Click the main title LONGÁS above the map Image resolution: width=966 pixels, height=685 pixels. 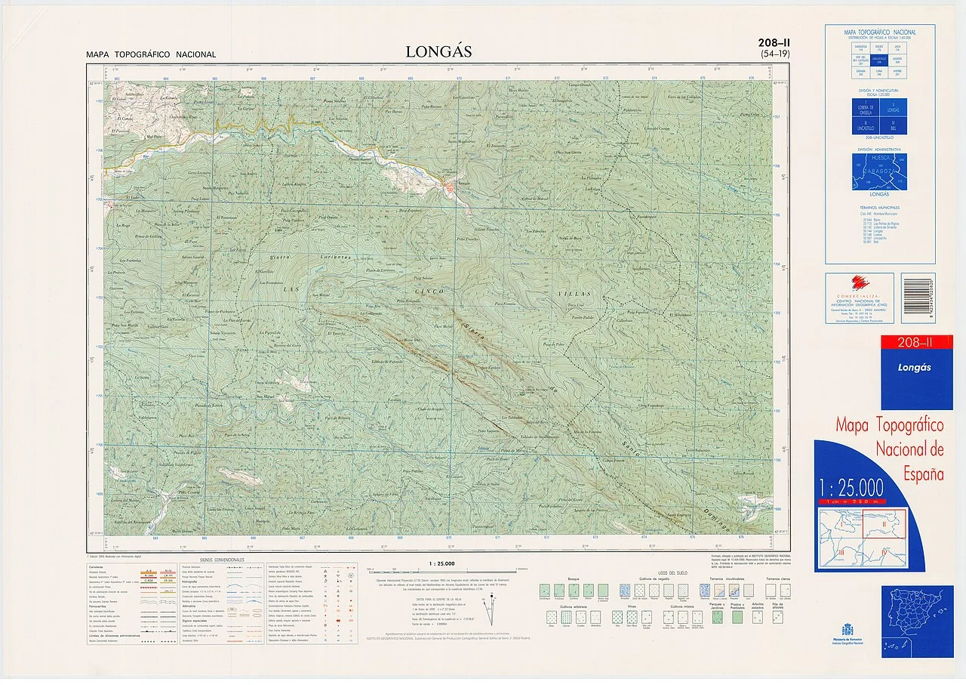tap(438, 52)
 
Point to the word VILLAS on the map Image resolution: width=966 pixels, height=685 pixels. tap(577, 293)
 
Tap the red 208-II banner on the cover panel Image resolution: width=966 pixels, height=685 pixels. tap(916, 343)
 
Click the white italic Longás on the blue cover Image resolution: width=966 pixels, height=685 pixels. tap(914, 368)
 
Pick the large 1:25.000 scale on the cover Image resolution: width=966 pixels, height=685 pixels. tap(851, 486)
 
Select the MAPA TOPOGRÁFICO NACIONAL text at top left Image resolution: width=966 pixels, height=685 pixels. tap(151, 54)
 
